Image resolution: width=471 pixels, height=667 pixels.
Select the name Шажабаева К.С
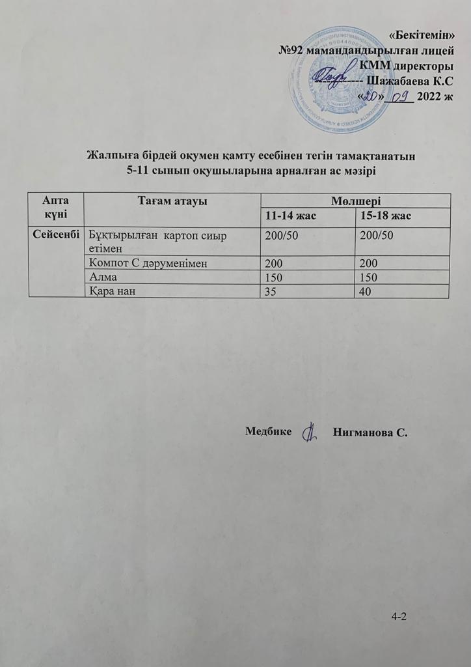pyautogui.click(x=410, y=81)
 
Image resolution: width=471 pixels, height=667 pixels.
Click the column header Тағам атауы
pyautogui.click(x=172, y=202)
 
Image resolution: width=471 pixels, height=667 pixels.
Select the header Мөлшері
pyautogui.click(x=355, y=202)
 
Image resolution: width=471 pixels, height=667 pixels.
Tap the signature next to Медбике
pyautogui.click(x=310, y=430)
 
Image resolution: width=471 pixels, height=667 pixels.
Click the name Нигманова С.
pyautogui.click(x=370, y=431)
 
